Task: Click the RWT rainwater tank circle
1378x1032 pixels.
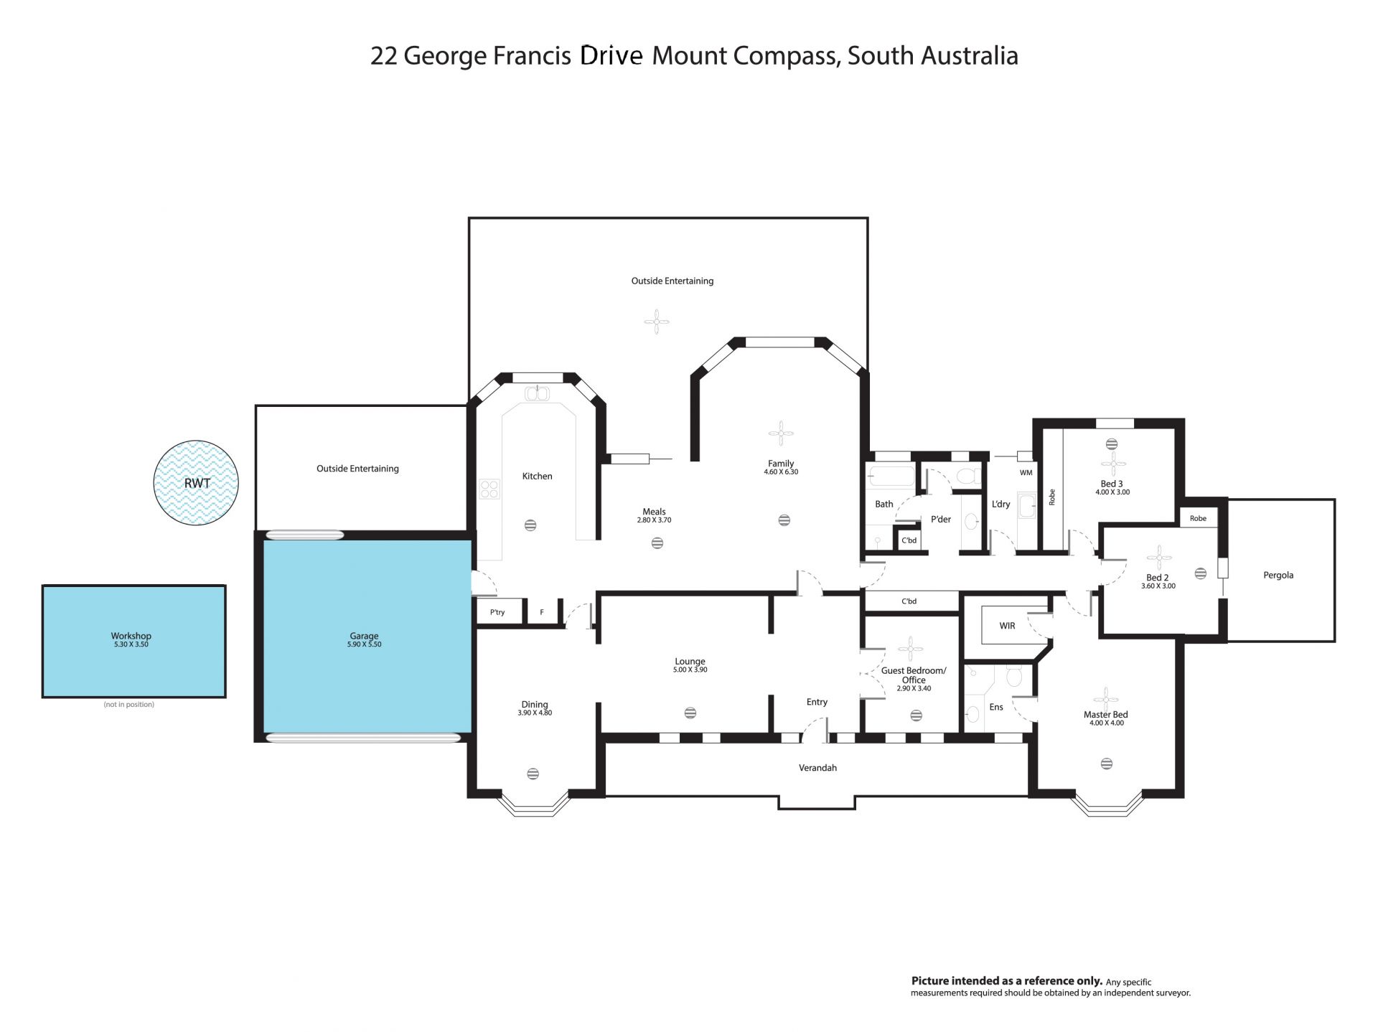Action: coord(196,482)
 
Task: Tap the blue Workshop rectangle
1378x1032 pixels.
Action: coord(134,641)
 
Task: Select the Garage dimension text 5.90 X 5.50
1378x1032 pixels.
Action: coord(364,644)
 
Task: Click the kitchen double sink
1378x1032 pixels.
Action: coord(537,393)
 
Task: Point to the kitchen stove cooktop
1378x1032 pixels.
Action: coord(489,489)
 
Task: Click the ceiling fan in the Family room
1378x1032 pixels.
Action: coord(781,433)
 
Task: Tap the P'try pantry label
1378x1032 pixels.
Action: coord(497,612)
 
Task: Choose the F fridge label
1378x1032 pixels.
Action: coord(542,612)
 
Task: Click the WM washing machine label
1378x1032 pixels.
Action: coord(1026,472)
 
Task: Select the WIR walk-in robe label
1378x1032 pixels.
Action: coord(1007,626)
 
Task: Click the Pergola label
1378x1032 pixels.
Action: coord(1278,575)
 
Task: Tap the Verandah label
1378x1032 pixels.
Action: coord(817,768)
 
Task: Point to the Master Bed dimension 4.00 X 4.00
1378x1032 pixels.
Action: coord(1107,723)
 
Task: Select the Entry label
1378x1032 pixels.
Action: coord(817,702)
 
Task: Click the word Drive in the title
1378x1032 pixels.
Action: coord(611,55)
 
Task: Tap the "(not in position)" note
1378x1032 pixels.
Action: coord(129,705)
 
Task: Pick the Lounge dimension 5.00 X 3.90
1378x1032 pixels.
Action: coord(690,670)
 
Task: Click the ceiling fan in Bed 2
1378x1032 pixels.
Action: coord(1158,558)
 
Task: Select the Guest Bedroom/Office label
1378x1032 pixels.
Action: coord(914,675)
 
